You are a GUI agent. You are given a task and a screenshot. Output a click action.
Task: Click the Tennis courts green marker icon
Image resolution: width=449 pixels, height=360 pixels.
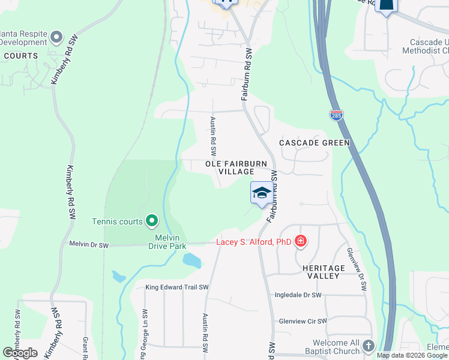(151, 221)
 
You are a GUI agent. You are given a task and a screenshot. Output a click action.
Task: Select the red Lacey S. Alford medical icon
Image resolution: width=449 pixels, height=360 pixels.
(300, 242)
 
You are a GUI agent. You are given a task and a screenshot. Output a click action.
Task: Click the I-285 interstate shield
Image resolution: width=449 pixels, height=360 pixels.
(336, 115)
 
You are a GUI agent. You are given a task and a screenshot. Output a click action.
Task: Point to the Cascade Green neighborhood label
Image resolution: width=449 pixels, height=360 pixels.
(314, 143)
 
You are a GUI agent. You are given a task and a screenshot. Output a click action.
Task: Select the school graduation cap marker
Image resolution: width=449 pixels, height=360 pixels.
(261, 193)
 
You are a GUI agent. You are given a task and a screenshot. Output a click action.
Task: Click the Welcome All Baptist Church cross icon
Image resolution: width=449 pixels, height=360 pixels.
(368, 346)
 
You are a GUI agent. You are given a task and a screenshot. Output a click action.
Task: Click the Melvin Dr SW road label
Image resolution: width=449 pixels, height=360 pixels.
(89, 244)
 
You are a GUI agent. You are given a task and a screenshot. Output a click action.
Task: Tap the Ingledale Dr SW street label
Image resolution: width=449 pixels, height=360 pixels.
(298, 295)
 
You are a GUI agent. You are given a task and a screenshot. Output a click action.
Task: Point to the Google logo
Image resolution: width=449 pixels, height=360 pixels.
(20, 353)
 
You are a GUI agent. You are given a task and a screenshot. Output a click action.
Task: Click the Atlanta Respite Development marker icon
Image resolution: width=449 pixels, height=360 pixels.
(56, 37)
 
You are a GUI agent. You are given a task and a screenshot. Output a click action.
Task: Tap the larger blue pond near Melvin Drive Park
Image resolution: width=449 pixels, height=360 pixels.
(191, 260)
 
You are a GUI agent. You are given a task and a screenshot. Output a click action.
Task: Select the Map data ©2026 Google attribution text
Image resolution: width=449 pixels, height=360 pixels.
(412, 355)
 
